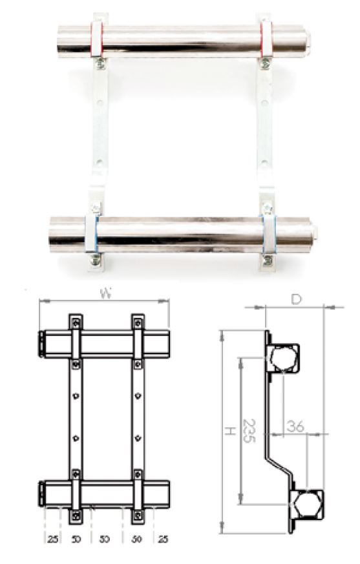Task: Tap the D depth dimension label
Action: pyautogui.click(x=295, y=298)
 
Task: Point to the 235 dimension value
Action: pyautogui.click(x=249, y=430)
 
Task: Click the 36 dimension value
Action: pyautogui.click(x=296, y=427)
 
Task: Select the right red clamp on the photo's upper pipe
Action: pyautogui.click(x=265, y=39)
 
